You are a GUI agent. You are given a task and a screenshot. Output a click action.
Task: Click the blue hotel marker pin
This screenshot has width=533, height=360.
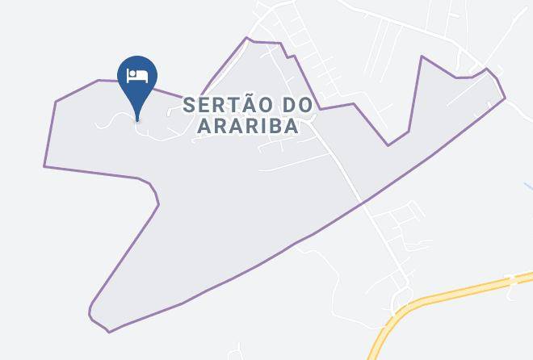pos(136,81)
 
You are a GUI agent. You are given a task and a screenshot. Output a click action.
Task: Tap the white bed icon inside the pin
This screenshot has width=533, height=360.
pos(136,76)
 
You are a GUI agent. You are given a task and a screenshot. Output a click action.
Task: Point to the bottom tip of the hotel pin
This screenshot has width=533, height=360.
pos(136,120)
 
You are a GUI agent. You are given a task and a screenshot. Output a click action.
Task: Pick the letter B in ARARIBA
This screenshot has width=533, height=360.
pos(277,127)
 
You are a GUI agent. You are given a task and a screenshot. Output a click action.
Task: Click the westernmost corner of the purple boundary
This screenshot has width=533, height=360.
pos(44,166)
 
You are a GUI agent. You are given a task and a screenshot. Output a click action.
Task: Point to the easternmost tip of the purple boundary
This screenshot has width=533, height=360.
pos(506,98)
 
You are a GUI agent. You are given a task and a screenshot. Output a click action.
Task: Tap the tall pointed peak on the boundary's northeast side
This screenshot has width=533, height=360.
pos(422,57)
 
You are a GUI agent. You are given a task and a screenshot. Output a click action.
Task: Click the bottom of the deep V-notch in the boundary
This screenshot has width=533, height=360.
pos(388,145)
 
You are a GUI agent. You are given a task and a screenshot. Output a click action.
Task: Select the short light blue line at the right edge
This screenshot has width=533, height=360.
pos(527,186)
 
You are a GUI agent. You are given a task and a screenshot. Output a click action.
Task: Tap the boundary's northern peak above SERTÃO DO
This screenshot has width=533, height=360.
pos(247,38)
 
